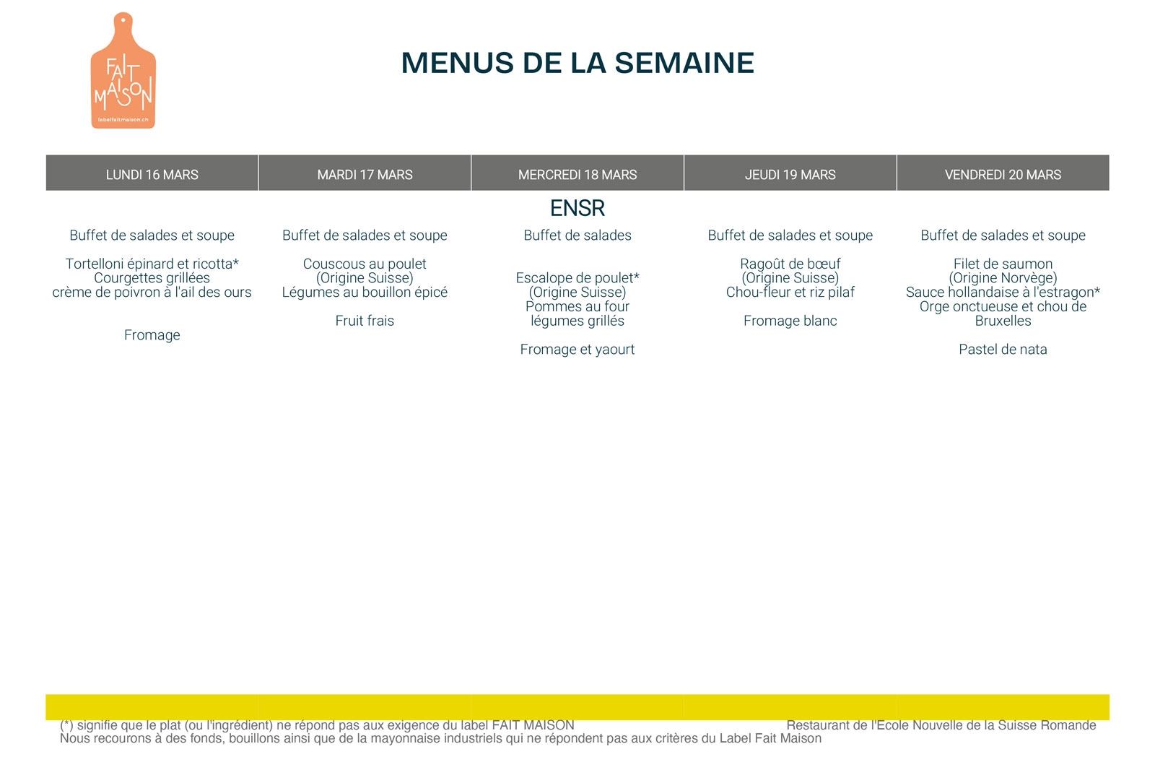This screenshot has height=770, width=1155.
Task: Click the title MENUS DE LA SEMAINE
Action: (x=577, y=63)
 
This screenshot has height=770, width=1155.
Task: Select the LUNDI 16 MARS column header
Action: (x=152, y=174)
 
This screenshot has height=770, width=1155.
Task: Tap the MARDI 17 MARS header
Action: (x=365, y=174)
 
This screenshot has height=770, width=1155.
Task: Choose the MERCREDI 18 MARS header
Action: (x=577, y=174)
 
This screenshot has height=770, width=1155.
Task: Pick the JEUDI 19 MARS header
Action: (x=790, y=174)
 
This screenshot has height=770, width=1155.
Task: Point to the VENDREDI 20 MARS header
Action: (x=1003, y=174)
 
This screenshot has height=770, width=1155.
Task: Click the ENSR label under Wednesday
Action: (x=577, y=208)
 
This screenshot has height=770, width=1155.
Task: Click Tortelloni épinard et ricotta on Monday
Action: (x=152, y=264)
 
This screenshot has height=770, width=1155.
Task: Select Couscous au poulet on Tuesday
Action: (x=365, y=264)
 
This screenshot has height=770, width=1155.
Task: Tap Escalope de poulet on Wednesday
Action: (x=577, y=278)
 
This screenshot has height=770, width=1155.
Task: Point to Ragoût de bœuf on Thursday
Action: (x=790, y=264)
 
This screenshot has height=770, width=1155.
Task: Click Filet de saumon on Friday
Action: (x=1003, y=264)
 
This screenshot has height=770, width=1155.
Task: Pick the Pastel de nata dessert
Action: (x=1003, y=350)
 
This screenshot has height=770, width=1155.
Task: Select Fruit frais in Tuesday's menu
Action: (x=365, y=321)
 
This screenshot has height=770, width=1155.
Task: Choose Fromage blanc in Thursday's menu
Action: (x=790, y=321)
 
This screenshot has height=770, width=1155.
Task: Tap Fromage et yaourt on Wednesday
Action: (x=577, y=350)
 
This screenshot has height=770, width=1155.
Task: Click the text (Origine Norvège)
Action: (x=1003, y=278)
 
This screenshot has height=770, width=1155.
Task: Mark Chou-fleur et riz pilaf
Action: (x=790, y=293)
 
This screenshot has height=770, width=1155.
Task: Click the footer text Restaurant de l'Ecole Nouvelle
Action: (x=941, y=725)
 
